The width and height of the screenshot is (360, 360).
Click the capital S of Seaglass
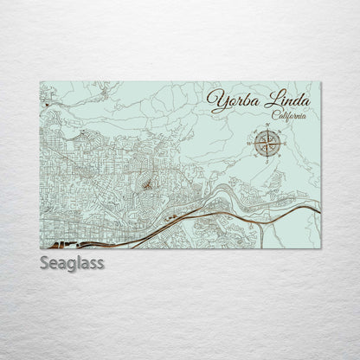click(x=44, y=262)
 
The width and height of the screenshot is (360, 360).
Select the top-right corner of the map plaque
click(x=320, y=82)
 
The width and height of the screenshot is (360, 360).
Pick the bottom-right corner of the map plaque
click(x=320, y=249)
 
